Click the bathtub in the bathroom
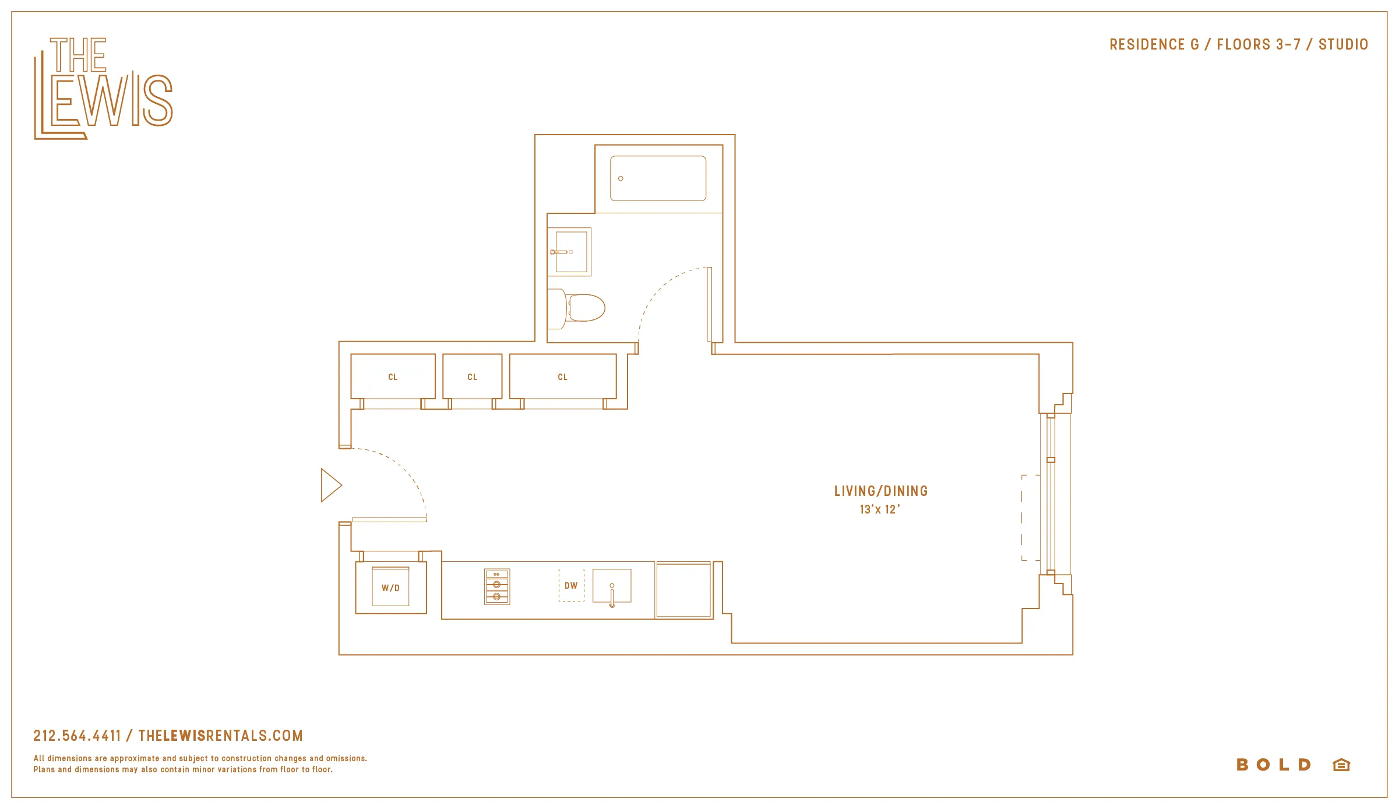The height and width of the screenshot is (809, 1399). click(x=658, y=178)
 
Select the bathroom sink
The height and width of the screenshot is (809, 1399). click(x=570, y=252)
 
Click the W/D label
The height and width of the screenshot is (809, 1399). click(x=390, y=588)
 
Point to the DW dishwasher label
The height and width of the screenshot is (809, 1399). click(x=571, y=585)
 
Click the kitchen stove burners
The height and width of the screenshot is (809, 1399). click(x=497, y=586)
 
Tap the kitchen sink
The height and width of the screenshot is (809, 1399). click(x=612, y=586)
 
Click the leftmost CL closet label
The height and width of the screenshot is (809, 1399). click(x=393, y=377)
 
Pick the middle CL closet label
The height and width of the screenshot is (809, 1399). click(x=472, y=377)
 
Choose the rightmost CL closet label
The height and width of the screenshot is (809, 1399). click(x=562, y=377)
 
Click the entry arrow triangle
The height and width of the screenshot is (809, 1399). click(x=330, y=485)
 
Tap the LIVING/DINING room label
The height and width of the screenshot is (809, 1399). click(x=880, y=491)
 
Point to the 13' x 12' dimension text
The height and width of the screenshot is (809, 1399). click(x=879, y=509)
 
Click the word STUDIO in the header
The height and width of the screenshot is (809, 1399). click(x=1343, y=44)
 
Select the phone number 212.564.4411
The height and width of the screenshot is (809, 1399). click(x=77, y=736)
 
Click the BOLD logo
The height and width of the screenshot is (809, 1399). click(x=1273, y=764)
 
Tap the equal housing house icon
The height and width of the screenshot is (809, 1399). click(x=1341, y=764)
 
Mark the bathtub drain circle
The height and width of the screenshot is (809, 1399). click(x=621, y=178)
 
